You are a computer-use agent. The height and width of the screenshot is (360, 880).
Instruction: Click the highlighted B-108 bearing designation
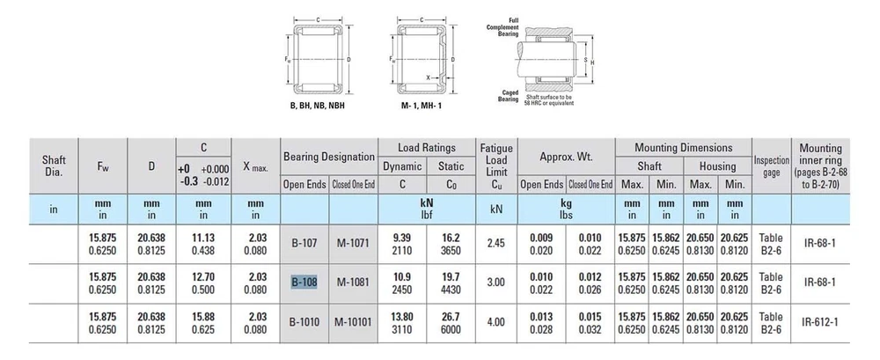(x=304, y=283)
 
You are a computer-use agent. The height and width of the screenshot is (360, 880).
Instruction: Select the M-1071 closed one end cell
(x=353, y=244)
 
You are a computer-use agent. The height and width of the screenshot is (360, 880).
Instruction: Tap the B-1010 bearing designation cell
(x=304, y=322)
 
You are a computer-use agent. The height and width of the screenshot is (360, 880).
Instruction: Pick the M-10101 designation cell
(x=353, y=322)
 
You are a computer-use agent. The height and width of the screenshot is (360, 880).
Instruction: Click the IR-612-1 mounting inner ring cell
(x=820, y=322)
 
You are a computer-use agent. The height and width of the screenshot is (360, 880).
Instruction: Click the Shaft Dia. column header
(x=54, y=165)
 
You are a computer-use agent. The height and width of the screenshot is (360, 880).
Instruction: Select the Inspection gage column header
(x=771, y=166)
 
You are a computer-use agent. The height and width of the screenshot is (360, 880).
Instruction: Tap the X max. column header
(x=255, y=167)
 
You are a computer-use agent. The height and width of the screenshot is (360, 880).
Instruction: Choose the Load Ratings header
(x=427, y=148)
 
